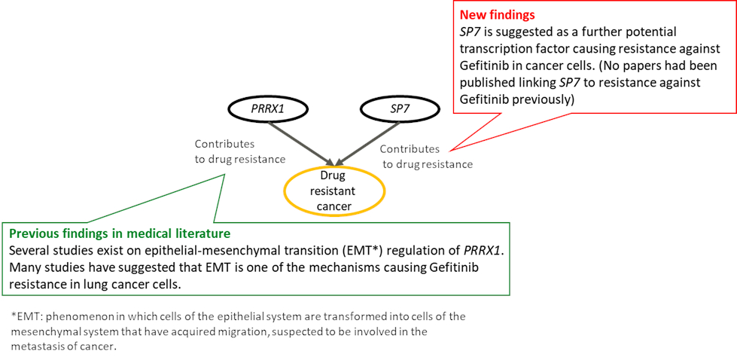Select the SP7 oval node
[x=399, y=109]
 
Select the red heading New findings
[x=498, y=14]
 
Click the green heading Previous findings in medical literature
[x=119, y=233]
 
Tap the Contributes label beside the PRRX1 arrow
[x=224, y=144]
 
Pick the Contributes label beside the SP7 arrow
[x=410, y=149]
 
